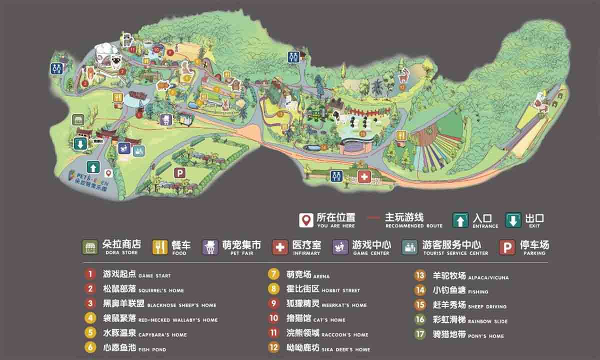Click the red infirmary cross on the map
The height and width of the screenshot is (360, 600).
click(364, 177)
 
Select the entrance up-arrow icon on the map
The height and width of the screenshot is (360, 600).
click(93, 166)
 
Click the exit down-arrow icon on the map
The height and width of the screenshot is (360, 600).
click(80, 144)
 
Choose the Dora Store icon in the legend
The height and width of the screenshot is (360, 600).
click(90, 247)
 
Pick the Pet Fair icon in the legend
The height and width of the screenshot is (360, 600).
click(210, 247)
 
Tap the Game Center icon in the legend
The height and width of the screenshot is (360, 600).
click(340, 247)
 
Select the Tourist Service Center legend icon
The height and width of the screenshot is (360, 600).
click(410, 247)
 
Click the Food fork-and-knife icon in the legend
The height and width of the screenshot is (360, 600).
click(160, 247)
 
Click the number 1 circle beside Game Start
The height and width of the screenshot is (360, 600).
click(90, 274)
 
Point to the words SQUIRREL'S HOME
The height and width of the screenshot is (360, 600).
click(161, 290)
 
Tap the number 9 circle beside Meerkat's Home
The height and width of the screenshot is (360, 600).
click(273, 303)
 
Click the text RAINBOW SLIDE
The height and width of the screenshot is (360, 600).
click(487, 321)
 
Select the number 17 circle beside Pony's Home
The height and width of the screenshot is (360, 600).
click(420, 334)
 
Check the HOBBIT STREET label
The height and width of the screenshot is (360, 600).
click(341, 290)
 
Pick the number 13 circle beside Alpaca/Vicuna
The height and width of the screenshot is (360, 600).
click(420, 275)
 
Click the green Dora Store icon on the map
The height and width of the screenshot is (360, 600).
click(77, 119)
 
